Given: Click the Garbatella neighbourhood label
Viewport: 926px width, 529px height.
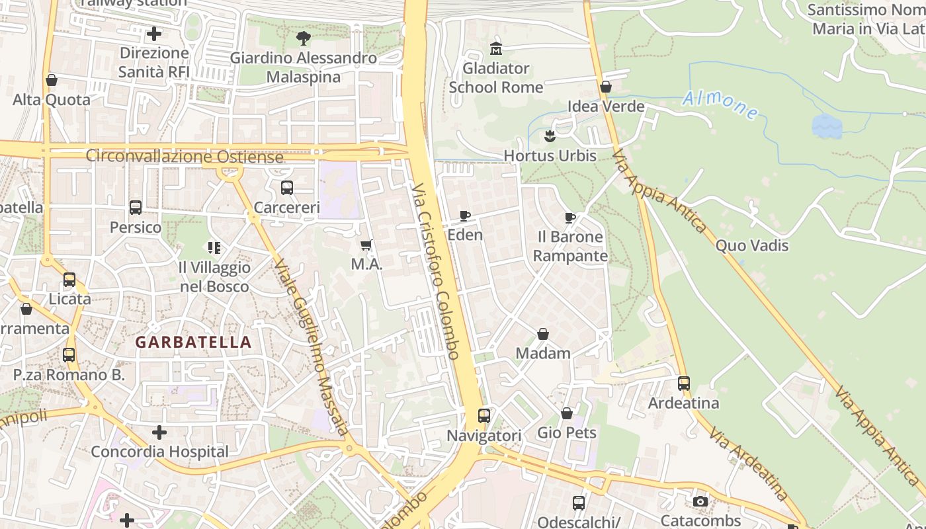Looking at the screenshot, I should click(193, 342).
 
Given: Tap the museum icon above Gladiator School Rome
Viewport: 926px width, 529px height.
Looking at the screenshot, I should click(495, 48).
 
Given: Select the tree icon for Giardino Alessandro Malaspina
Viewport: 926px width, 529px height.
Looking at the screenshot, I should click(304, 38).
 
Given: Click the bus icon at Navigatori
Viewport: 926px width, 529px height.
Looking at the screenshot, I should click(484, 416).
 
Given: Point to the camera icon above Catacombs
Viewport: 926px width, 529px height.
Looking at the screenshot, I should click(700, 501).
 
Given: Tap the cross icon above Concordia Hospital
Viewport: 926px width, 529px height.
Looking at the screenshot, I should click(159, 432).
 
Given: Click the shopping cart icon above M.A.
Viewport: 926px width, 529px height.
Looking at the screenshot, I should click(366, 245).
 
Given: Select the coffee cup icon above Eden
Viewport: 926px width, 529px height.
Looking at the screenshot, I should click(465, 216).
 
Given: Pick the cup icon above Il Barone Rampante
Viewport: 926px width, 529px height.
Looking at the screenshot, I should click(570, 218).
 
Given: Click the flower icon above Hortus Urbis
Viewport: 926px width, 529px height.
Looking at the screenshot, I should click(549, 136).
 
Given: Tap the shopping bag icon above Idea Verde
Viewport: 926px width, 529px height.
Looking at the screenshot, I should click(606, 87).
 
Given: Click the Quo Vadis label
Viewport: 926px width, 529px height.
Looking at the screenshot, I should click(752, 245).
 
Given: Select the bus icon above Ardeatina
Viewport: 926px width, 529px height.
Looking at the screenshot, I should click(684, 383).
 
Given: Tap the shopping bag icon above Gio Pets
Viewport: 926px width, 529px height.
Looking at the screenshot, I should click(567, 413).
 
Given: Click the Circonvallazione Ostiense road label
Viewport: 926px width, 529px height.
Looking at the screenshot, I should click(185, 157).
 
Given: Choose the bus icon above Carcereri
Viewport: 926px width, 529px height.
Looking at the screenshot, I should click(287, 188).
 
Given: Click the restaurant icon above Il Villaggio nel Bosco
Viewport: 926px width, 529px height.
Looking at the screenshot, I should click(214, 248).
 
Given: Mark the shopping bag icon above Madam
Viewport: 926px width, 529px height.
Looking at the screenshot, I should click(543, 334).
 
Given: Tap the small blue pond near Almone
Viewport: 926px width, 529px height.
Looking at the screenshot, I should click(827, 125).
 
